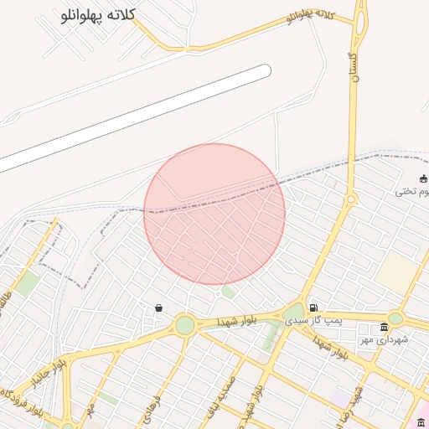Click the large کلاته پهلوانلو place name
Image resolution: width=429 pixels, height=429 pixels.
(99, 17)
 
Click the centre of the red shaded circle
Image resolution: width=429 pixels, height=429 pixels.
(214, 214)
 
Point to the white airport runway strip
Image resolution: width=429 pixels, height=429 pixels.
(134, 117)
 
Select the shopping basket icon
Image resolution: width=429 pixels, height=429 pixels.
(158, 308)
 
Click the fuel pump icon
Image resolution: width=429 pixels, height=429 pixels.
(313, 308)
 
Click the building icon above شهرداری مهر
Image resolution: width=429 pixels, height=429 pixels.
(384, 326)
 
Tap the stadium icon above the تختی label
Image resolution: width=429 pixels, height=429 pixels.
(423, 178)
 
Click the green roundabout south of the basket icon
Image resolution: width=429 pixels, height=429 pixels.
(184, 325)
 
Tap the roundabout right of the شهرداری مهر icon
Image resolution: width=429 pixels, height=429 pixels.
(395, 318)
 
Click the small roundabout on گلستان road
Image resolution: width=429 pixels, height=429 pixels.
(352, 199)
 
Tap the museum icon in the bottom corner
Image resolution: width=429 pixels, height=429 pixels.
(421, 421)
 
